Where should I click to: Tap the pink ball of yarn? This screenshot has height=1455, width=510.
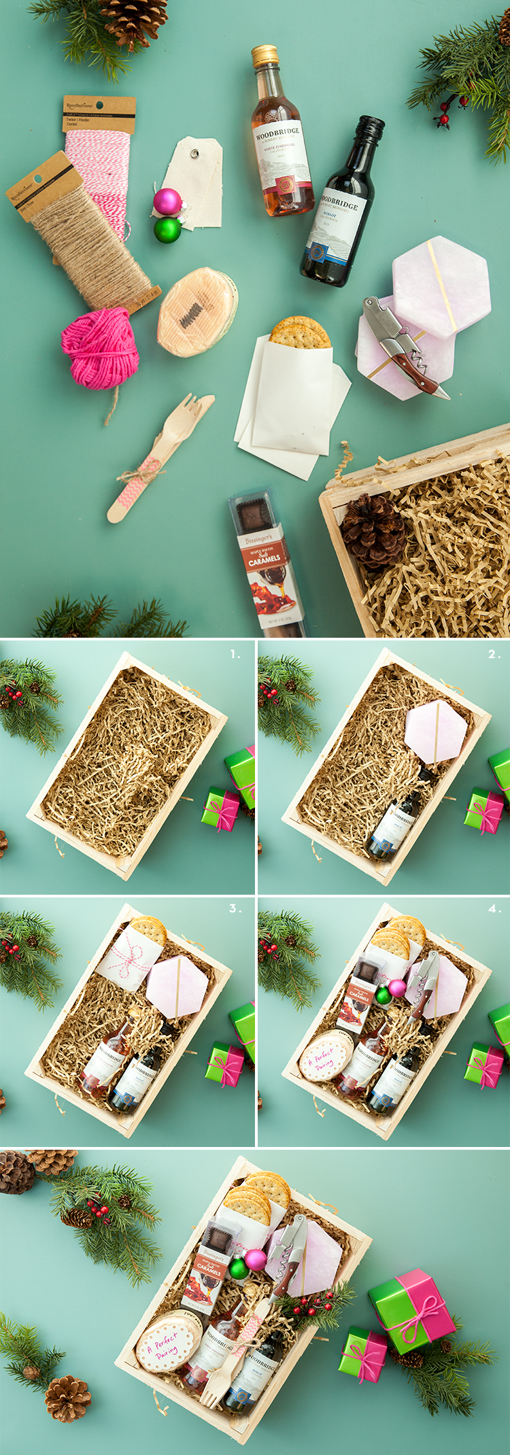click(100, 348)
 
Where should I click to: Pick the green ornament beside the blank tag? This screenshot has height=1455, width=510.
click(167, 230)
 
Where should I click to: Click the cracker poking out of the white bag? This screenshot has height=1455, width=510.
click(300, 332)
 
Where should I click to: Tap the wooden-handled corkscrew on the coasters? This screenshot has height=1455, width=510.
click(402, 347)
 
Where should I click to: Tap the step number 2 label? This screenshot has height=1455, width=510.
click(494, 655)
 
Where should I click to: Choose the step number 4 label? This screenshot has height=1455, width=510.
click(494, 908)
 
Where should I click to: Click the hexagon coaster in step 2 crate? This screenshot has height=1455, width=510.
click(436, 736)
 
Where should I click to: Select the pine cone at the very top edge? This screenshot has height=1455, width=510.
click(135, 19)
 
